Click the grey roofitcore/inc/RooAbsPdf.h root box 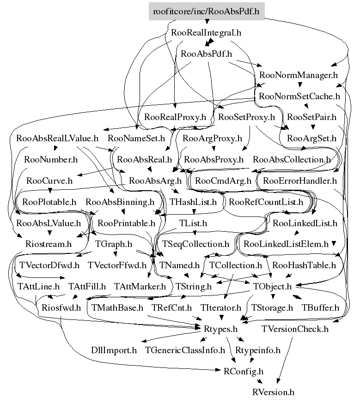(207, 11)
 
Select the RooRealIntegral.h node (206, 33)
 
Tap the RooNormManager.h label (298, 75)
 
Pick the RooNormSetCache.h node (299, 96)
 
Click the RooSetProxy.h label (246, 117)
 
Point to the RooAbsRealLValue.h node (57, 138)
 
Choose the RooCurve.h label (49, 180)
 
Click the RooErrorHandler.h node (300, 180)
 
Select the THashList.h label (193, 202)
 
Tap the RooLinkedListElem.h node (286, 244)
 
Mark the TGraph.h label (114, 244)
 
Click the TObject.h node (272, 286)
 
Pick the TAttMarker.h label (140, 286)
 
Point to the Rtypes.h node (220, 329)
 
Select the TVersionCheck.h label (295, 329)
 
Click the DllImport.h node (114, 350)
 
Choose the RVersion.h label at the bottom (273, 392)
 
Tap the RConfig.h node (244, 372)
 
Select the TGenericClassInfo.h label (185, 350)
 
